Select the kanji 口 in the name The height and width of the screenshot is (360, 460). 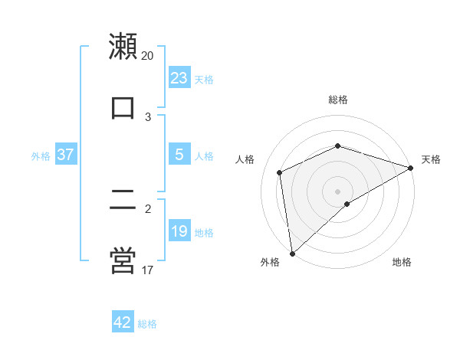pos(123,108)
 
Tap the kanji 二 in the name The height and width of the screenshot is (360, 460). pos(123,201)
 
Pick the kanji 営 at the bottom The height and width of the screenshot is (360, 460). pos(123,261)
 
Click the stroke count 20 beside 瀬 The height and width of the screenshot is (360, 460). pos(148,56)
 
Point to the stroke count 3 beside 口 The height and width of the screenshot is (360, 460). pos(148,117)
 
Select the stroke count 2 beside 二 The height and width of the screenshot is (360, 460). pos(148,208)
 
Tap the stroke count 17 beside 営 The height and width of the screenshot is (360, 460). pos(148,270)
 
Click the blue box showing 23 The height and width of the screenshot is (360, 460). pos(179,78)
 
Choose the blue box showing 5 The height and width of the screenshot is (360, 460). pos(179,155)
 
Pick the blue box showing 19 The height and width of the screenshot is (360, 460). pos(179,231)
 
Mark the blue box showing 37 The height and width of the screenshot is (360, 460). pos(66,155)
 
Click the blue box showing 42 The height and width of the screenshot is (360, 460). pos(123,322)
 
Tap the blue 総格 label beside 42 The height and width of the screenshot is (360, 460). pos(147,324)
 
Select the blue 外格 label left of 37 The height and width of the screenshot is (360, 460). pos(41,156)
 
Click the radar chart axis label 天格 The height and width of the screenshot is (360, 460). pos(431,159)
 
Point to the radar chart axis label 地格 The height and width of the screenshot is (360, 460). pos(402,263)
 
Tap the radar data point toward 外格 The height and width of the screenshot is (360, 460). pos(292,254)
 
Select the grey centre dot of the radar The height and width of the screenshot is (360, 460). pos(337,191)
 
